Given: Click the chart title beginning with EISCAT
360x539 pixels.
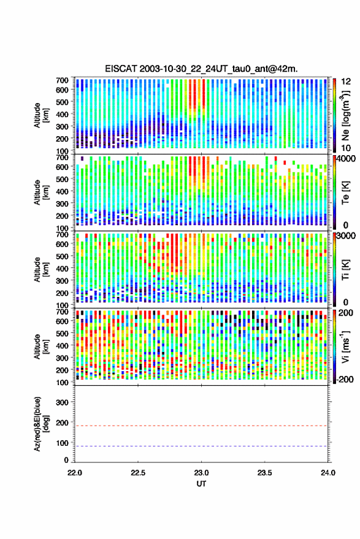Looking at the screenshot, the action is pyautogui.click(x=201, y=69).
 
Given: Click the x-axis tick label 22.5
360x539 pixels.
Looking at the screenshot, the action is pyautogui.click(x=138, y=473).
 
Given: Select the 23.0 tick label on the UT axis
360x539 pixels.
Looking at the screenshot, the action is pyautogui.click(x=201, y=473).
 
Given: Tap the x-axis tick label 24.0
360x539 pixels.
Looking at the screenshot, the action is pyautogui.click(x=327, y=473).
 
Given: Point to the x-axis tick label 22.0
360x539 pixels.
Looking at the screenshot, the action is pyautogui.click(x=75, y=473).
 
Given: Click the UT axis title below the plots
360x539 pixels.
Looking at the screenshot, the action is pyautogui.click(x=201, y=484).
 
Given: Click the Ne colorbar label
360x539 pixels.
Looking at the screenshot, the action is pyautogui.click(x=345, y=115).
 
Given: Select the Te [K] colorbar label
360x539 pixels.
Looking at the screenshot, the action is pyautogui.click(x=345, y=193).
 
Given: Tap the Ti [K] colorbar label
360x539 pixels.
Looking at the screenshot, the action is pyautogui.click(x=345, y=270).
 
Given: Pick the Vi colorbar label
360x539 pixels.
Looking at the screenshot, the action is pyautogui.click(x=345, y=346).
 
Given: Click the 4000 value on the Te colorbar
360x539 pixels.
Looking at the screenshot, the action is pyautogui.click(x=346, y=159).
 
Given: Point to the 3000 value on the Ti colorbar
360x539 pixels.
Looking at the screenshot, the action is pyautogui.click(x=346, y=236).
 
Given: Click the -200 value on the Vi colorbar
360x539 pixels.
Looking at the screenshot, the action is pyautogui.click(x=345, y=379).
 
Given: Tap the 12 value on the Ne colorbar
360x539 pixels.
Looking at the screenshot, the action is pyautogui.click(x=346, y=82).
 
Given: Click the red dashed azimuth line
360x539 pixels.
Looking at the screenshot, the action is pyautogui.click(x=201, y=426).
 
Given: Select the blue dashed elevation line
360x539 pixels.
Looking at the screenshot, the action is pyautogui.click(x=201, y=446).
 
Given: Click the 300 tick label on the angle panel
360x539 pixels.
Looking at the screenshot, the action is pyautogui.click(x=62, y=402).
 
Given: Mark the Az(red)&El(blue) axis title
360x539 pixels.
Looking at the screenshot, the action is pyautogui.click(x=42, y=424).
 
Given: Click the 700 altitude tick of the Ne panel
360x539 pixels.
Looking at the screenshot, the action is pyautogui.click(x=62, y=80).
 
